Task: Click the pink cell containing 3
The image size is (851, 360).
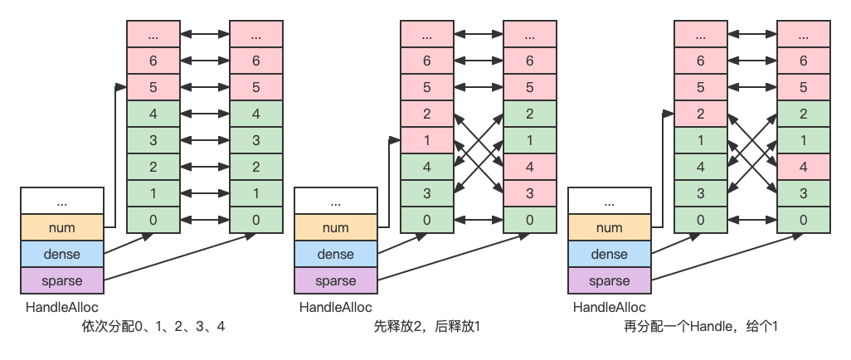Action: [x=530, y=194]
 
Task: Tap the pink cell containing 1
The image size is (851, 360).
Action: [x=427, y=141]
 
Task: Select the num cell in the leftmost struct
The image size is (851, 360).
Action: [x=62, y=228]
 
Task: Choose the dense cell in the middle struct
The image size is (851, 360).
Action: [x=335, y=255]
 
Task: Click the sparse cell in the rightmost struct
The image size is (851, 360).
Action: [x=610, y=281]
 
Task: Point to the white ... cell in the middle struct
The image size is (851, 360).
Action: [x=335, y=202]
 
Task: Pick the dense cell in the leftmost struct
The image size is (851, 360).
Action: [x=62, y=255]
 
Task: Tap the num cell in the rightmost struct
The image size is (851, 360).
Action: [x=610, y=228]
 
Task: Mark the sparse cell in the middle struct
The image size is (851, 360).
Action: [x=335, y=281]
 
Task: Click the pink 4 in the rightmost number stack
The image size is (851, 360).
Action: [x=804, y=168]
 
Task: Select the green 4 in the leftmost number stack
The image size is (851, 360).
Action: [x=153, y=114]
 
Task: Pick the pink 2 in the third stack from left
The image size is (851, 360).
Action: [x=427, y=114]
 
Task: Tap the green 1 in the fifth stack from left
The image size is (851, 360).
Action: [x=701, y=141]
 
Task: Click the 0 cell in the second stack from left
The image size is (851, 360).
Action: [x=255, y=221]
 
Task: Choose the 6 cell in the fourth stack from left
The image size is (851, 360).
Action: [x=530, y=61]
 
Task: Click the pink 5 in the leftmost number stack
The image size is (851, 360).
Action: [x=153, y=88]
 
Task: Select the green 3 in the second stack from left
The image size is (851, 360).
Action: [x=255, y=141]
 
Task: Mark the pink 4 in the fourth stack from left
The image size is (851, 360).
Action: [x=530, y=168]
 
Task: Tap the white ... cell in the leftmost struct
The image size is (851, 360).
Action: [x=62, y=202]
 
